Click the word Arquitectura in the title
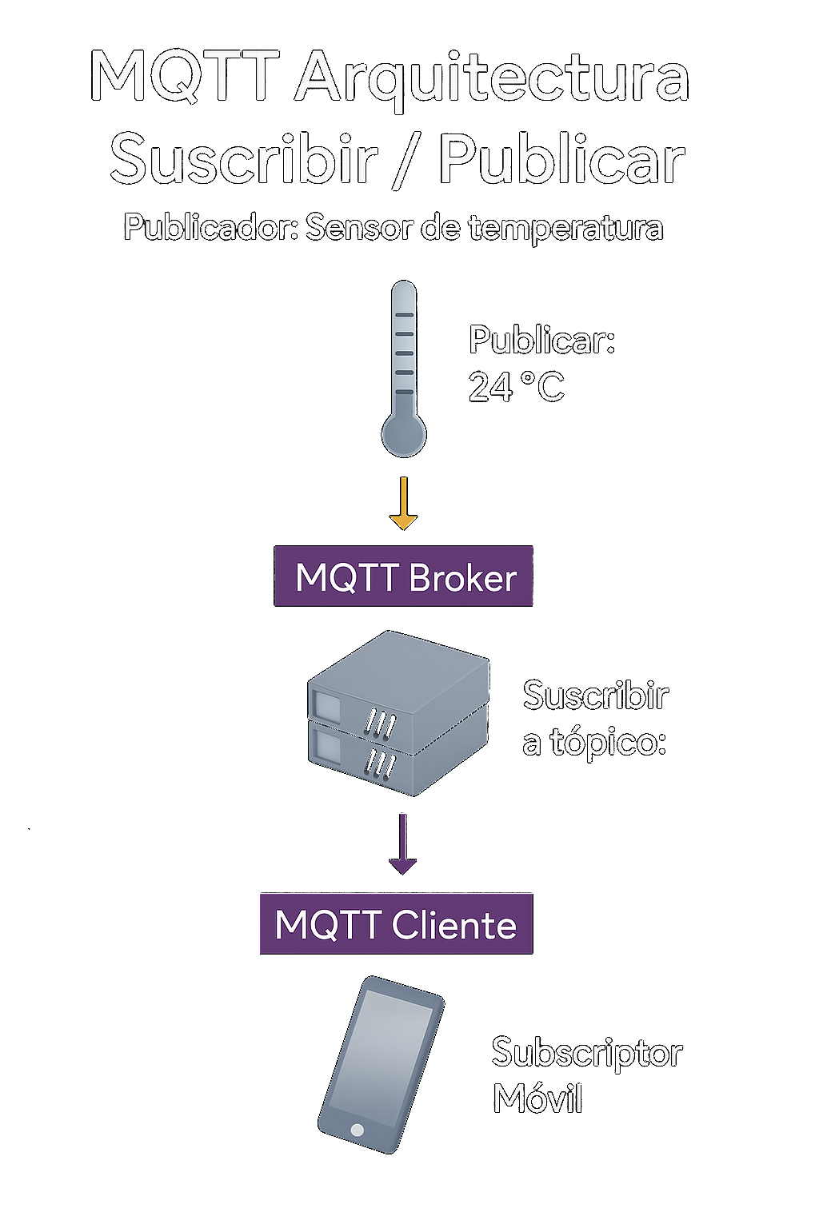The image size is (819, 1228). [492, 80]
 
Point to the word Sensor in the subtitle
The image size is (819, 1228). [358, 228]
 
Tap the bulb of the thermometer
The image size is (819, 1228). [404, 435]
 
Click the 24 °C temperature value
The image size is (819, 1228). [516, 386]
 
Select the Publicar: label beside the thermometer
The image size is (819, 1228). [542, 339]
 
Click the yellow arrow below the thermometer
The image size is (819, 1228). [404, 503]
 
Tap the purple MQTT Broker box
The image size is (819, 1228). [403, 576]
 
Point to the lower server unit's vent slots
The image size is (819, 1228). [380, 764]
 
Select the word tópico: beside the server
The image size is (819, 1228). [609, 743]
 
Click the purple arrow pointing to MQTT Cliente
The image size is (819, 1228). [402, 843]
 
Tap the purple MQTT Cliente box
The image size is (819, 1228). [396, 923]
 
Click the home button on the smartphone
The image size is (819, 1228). [357, 1130]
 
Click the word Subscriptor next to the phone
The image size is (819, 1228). [587, 1053]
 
